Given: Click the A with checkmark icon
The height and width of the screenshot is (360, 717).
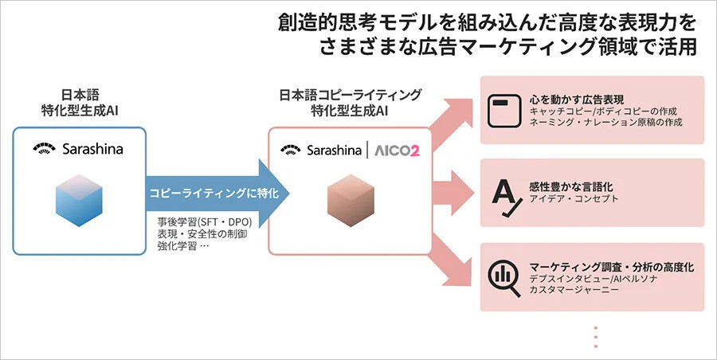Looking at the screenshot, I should (x=503, y=193).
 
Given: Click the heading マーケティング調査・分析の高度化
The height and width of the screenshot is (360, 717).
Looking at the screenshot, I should (x=611, y=266).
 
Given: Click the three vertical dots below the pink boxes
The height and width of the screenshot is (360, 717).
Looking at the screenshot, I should (x=595, y=336).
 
